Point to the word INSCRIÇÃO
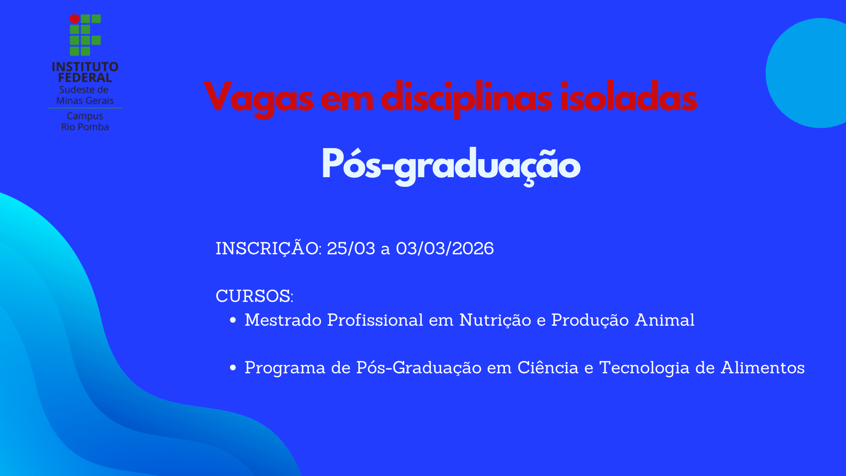tap(267, 249)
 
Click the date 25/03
tap(351, 249)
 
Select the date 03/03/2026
tap(445, 249)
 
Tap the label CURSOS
tap(254, 296)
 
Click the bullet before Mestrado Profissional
tap(233, 320)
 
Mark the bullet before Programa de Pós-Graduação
tap(233, 368)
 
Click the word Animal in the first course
tap(664, 320)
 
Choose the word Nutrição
tap(495, 320)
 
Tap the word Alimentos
tap(762, 368)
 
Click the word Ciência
tap(548, 368)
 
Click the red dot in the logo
tap(74, 19)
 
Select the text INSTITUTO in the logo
tap(85, 67)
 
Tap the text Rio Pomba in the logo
tap(85, 127)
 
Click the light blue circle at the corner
tap(815, 73)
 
